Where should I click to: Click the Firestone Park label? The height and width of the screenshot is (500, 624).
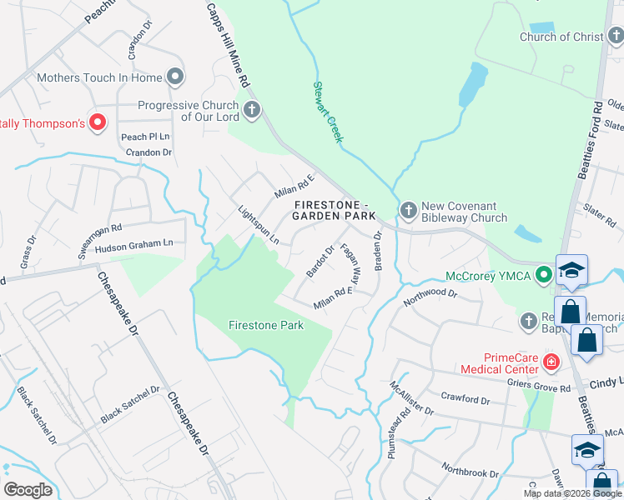pos(266,325)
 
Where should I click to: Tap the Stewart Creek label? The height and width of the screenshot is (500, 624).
pos(327,112)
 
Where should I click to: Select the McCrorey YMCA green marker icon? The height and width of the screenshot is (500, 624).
pos(544,273)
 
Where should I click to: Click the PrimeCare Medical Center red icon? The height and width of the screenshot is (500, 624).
pos(551,362)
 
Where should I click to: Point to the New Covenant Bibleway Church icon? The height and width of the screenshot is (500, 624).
pos(409,209)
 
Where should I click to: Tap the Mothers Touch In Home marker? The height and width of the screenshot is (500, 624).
pos(175,77)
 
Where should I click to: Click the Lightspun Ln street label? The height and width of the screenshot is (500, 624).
pos(258,225)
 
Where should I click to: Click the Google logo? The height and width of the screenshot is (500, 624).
pos(28,489)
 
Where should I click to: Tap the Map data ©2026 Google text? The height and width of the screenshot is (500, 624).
pos(572,492)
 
